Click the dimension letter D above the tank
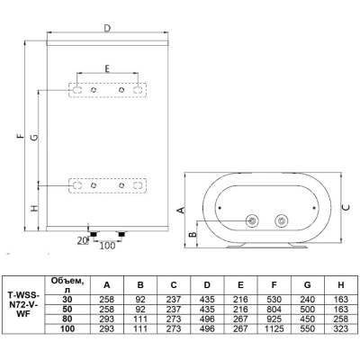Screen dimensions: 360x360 [x=107, y=28]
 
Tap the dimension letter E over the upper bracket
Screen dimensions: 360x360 [x=107, y=68]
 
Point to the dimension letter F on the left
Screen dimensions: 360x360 [x=20, y=136]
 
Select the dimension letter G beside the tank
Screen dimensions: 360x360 [x=35, y=138]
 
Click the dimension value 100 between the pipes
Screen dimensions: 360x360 [x=107, y=246]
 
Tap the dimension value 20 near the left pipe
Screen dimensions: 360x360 [x=82, y=240]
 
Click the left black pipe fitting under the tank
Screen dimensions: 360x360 [x=94, y=234]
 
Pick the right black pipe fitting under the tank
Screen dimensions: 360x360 [x=121, y=234]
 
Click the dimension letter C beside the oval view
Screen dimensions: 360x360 [x=346, y=208]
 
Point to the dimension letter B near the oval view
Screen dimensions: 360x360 [x=193, y=234]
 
